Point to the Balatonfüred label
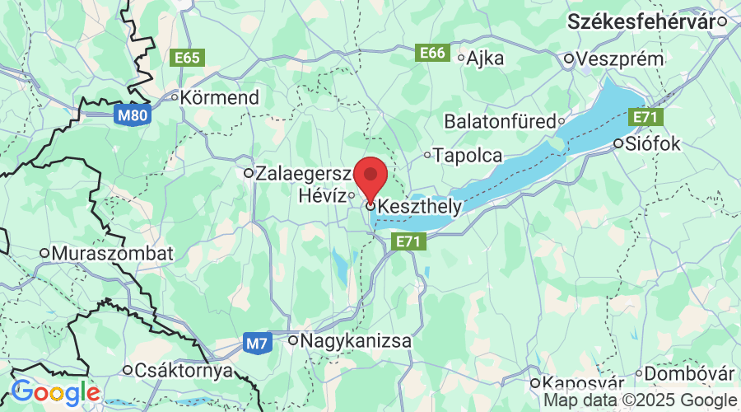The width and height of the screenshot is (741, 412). point(500,121)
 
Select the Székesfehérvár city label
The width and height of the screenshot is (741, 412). point(652,22)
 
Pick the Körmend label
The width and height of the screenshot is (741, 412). point(220,97)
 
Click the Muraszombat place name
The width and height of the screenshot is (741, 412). point(112,253)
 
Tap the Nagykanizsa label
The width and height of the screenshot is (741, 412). point(356,339)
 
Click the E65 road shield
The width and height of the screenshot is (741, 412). point(187,58)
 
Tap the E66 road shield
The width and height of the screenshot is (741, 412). point(433,54)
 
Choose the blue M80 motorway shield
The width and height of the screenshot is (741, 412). point(132,115)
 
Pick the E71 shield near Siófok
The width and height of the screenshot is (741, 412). point(645,118)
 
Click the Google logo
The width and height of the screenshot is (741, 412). point(55,392)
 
